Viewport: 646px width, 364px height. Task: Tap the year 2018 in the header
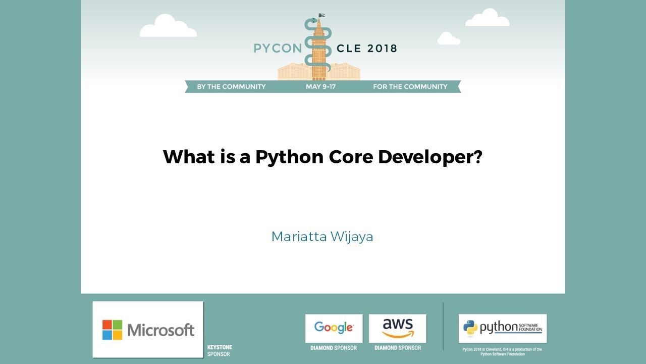pyautogui.click(x=382, y=49)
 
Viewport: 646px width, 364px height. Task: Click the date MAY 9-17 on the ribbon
pyautogui.click(x=320, y=86)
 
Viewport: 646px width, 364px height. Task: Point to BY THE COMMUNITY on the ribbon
pyautogui.click(x=231, y=86)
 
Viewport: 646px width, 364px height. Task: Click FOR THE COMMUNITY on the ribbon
pyautogui.click(x=410, y=86)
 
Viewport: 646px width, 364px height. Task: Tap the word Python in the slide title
pyautogui.click(x=289, y=157)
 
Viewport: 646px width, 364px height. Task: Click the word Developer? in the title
pyautogui.click(x=430, y=157)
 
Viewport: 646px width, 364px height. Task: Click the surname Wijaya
pyautogui.click(x=352, y=237)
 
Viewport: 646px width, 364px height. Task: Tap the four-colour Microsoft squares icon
pyautogui.click(x=112, y=330)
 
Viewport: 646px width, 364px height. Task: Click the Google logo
pyautogui.click(x=334, y=328)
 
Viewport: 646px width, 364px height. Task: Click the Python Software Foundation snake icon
pyautogui.click(x=470, y=328)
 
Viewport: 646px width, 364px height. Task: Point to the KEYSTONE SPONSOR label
pyautogui.click(x=220, y=351)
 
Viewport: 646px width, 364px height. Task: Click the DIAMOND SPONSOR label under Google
pyautogui.click(x=334, y=348)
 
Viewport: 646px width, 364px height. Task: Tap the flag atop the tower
pyautogui.click(x=321, y=16)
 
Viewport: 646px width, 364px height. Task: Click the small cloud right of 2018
pyautogui.click(x=448, y=39)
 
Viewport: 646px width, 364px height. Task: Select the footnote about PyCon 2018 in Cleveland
pyautogui.click(x=502, y=351)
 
